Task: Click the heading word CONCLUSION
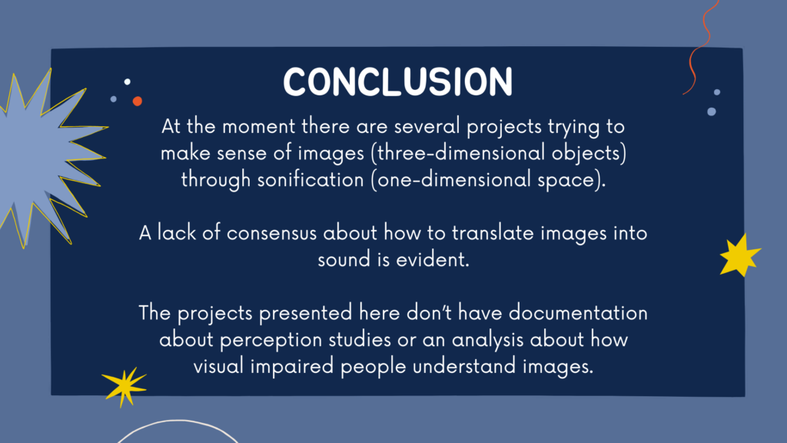coord(397,82)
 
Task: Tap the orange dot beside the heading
coord(137,101)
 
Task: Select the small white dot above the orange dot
coord(128,82)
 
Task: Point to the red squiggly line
coord(701,48)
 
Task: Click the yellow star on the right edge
coord(739,255)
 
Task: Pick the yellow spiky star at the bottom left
coord(124,386)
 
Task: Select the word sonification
coord(310,180)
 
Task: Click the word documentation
coord(578,313)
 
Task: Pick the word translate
coord(493,233)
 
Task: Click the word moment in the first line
coord(259,127)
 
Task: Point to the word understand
coord(465,366)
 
